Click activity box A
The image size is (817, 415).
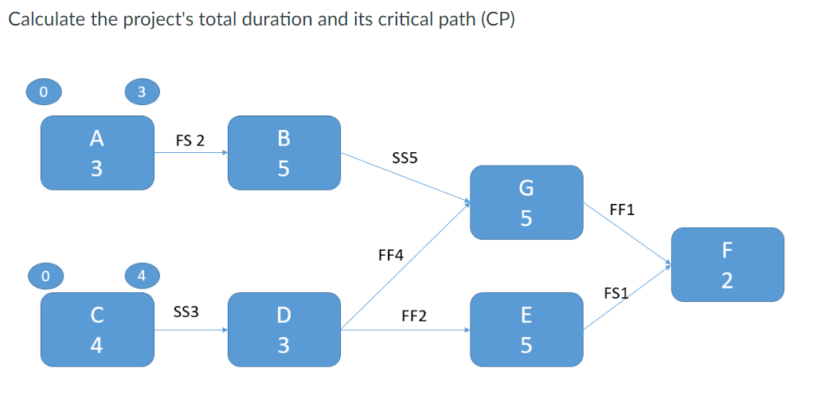coord(97,153)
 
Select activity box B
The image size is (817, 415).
coord(283,153)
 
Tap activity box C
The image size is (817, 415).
coord(97,330)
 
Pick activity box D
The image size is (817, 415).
coord(283,330)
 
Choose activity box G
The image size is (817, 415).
coord(526,202)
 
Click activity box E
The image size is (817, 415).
coord(526,330)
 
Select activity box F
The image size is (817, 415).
coord(727,264)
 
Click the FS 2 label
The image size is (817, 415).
coord(190,141)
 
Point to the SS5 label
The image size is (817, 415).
coord(405,159)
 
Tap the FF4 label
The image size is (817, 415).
coord(390,256)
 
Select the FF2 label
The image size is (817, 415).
coord(414,316)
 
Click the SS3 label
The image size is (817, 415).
coord(186,313)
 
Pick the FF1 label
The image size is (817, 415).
coord(621,211)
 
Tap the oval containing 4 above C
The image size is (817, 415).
coord(141,276)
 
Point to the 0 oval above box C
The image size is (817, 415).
coord(45,276)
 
